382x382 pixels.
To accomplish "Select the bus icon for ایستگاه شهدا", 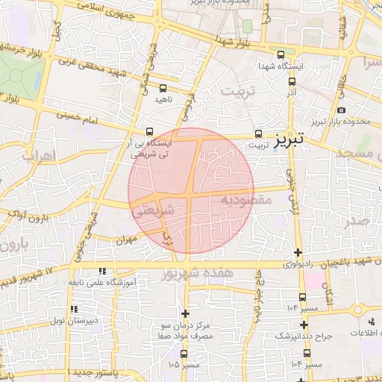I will click(x=281, y=55).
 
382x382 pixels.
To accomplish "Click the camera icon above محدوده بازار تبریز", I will click(x=341, y=110).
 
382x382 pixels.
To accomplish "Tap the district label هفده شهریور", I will click(x=196, y=274).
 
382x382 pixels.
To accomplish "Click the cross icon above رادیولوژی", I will click(x=298, y=252).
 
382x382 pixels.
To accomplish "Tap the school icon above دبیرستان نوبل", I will click(x=73, y=309).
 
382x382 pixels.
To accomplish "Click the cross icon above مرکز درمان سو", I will click(x=186, y=313).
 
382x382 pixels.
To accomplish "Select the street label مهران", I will click(x=129, y=240).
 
